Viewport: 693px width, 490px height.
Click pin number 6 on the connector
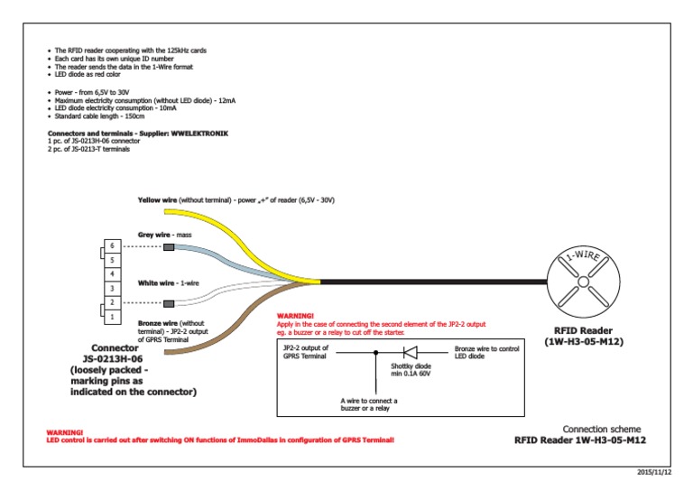(x=112, y=246)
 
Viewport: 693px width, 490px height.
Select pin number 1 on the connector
(x=112, y=317)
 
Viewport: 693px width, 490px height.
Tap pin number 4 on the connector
(x=112, y=273)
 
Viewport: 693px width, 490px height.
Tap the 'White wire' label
(x=154, y=282)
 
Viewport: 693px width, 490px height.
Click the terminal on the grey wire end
(x=169, y=246)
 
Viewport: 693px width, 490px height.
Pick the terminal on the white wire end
(x=169, y=303)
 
